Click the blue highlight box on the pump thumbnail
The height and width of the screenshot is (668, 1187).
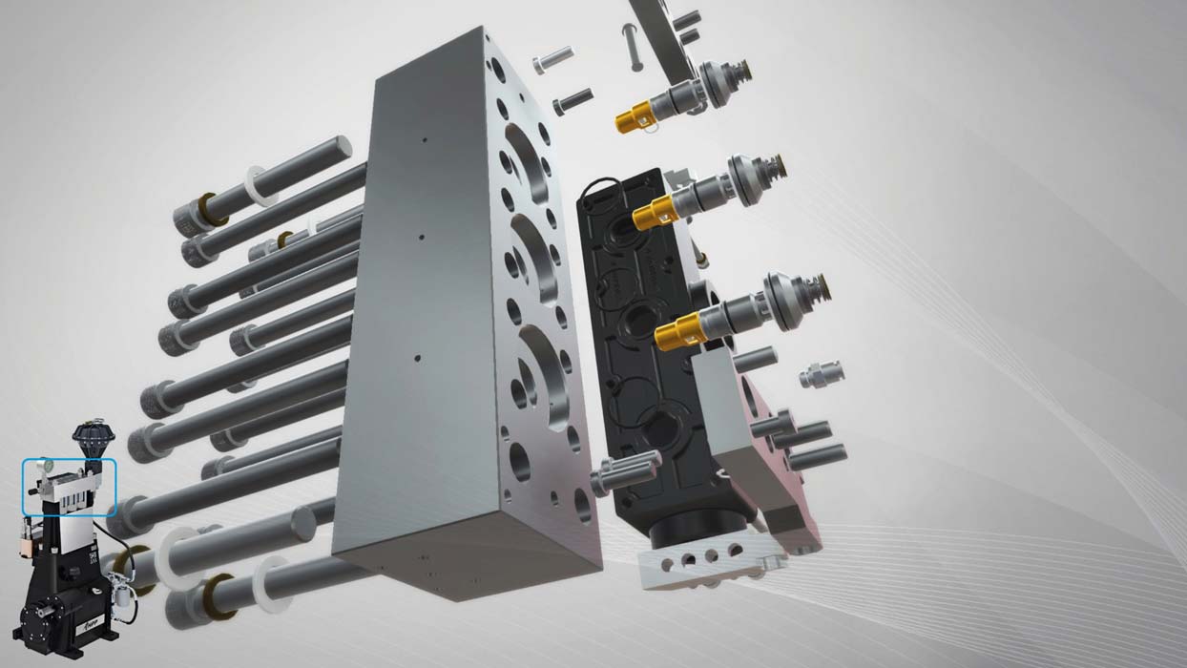(69, 487)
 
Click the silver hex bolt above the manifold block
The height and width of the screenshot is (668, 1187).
(552, 60)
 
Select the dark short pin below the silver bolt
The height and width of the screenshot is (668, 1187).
(572, 99)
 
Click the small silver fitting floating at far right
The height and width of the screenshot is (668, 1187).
(821, 374)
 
